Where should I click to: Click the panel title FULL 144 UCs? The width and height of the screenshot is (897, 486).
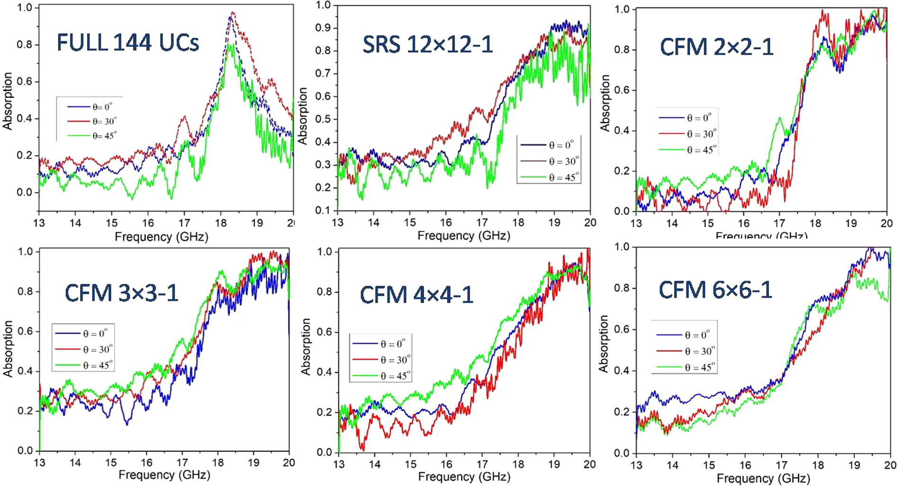128,43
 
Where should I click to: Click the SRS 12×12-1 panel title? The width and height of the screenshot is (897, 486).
427,45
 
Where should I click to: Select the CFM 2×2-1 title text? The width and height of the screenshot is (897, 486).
716,47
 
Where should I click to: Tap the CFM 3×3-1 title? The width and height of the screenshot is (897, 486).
122,293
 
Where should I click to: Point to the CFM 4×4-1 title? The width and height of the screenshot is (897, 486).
417,295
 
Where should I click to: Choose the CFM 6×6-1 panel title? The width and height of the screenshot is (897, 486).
715,290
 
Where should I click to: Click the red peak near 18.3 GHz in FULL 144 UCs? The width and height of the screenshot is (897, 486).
232,13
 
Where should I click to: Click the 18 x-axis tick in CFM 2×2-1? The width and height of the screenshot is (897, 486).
815,223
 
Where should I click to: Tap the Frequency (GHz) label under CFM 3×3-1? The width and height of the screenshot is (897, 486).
164,475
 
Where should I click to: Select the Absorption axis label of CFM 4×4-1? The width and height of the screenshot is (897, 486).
306,347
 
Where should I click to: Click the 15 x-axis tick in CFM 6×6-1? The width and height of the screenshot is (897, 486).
709,465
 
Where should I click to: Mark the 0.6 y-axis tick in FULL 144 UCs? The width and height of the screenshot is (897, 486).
24,81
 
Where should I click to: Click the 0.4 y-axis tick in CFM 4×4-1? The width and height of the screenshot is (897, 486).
324,372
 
